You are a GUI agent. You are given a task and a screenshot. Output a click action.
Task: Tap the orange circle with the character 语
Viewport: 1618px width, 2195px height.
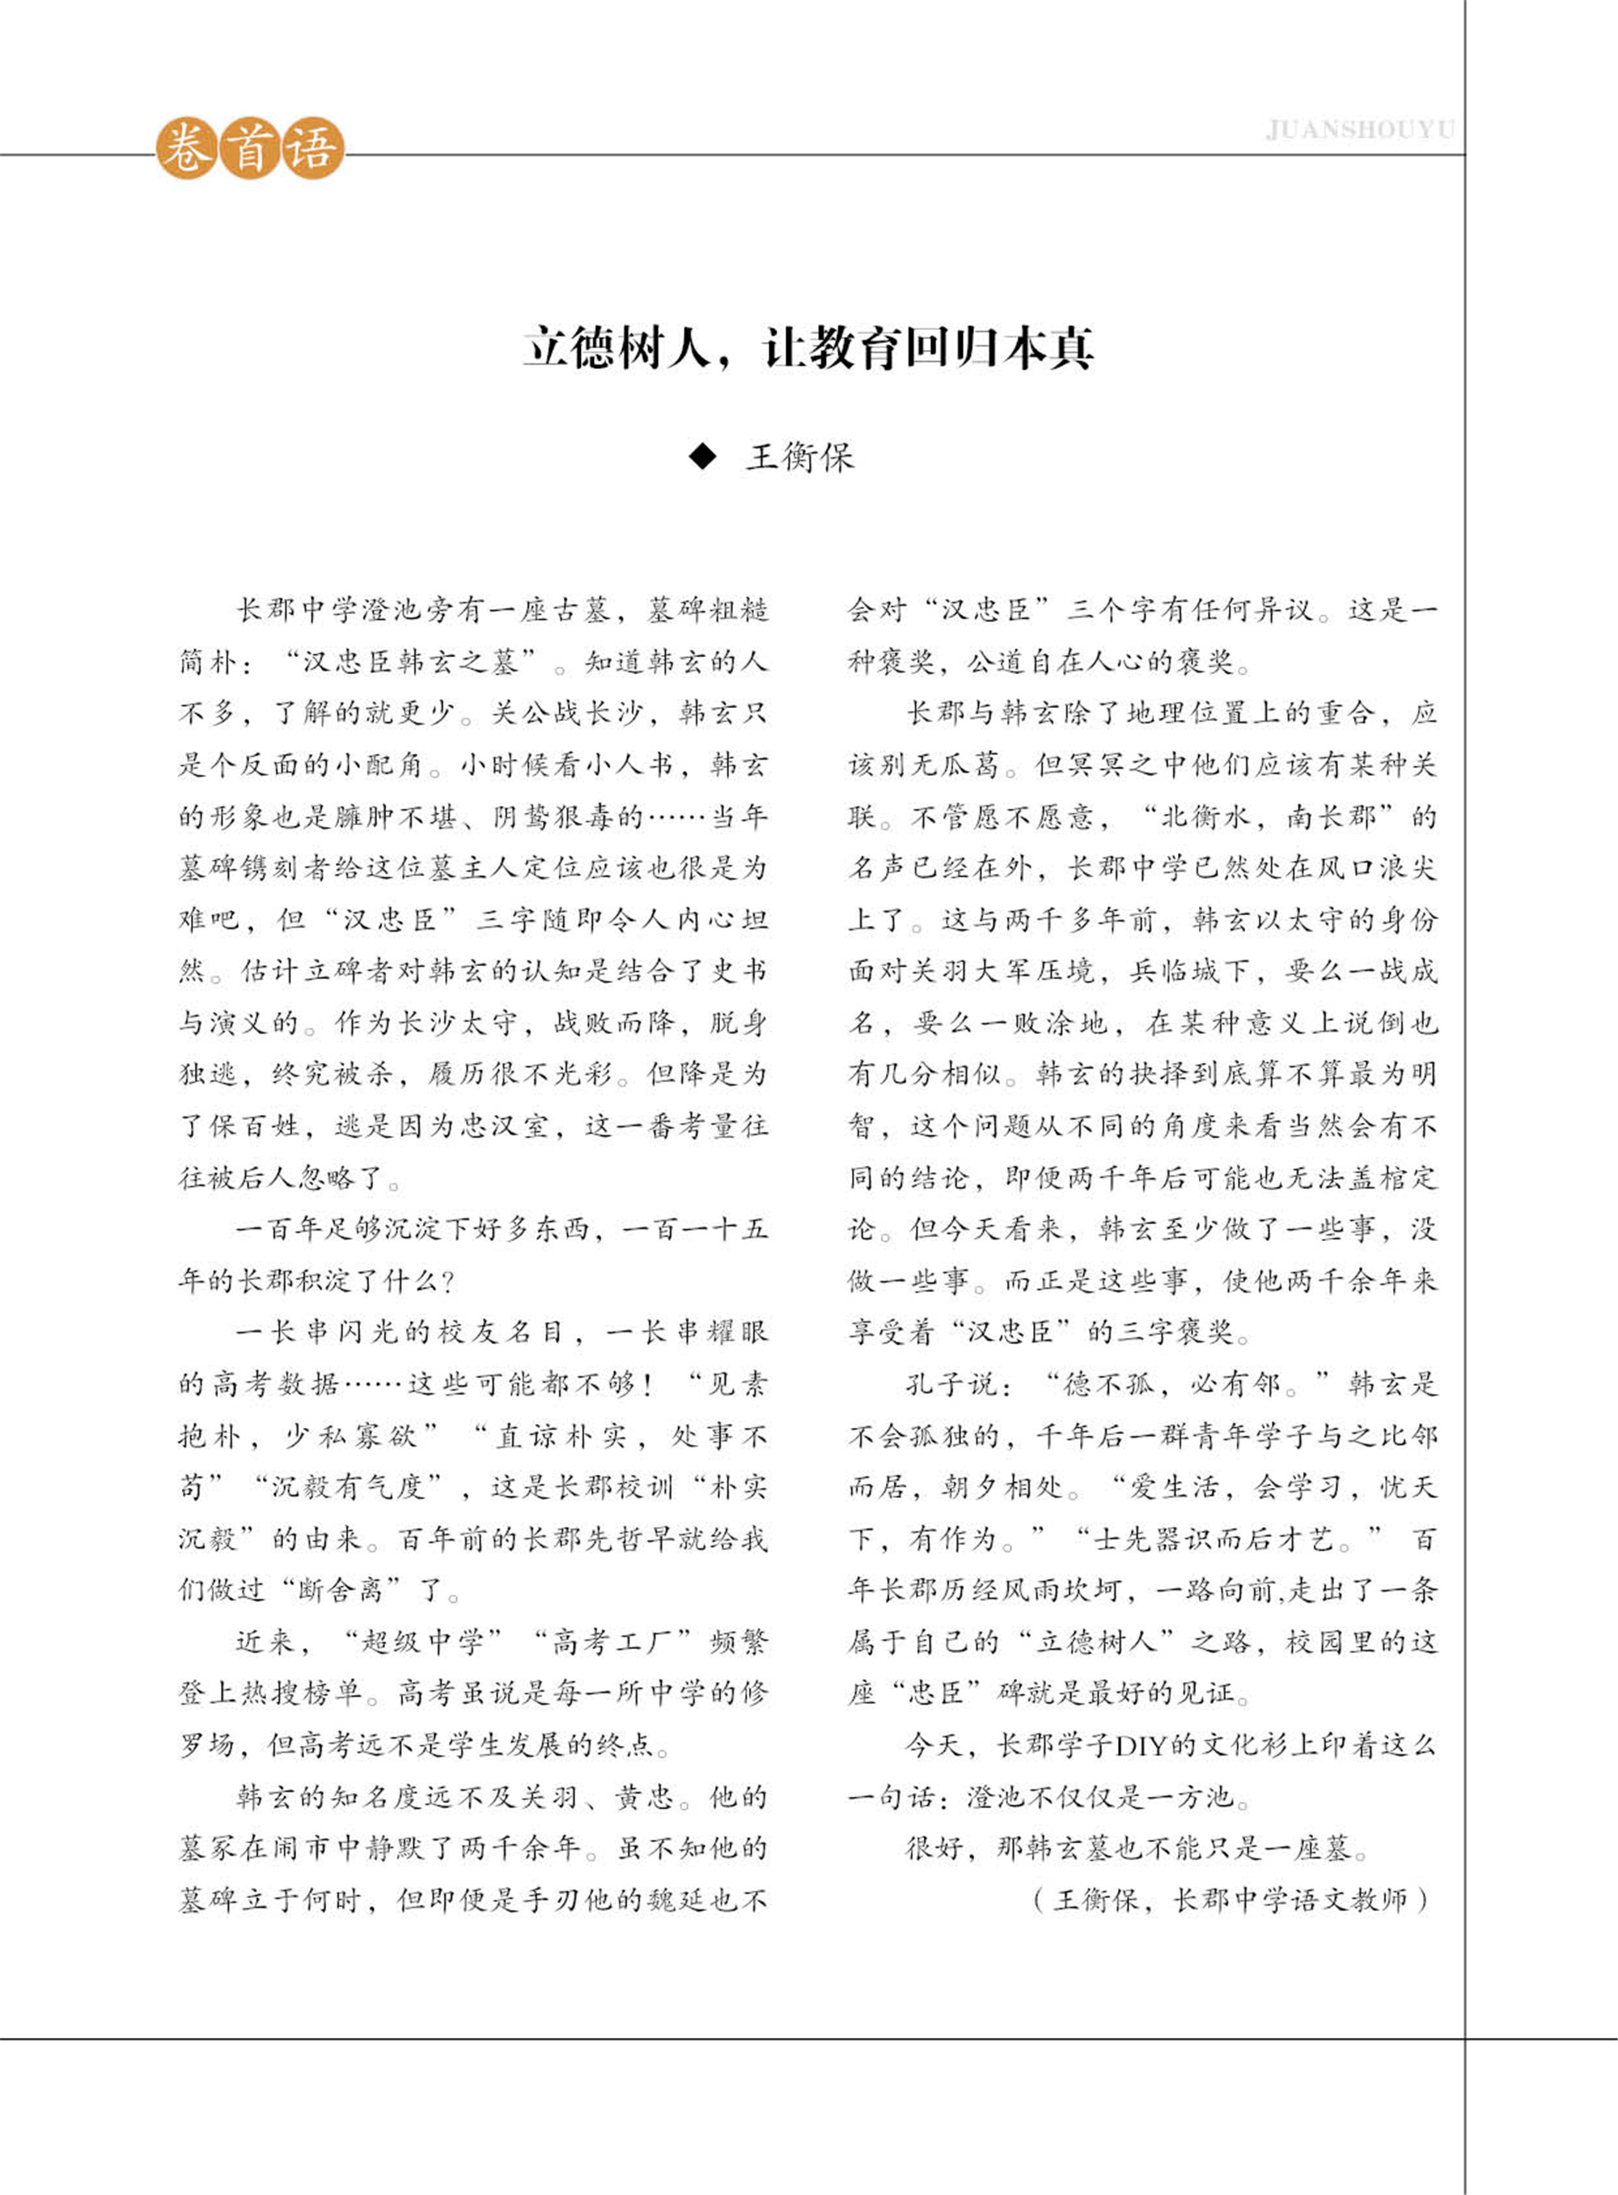coord(312,150)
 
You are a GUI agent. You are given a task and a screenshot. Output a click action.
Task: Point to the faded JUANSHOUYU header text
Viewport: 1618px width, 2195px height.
coord(1359,130)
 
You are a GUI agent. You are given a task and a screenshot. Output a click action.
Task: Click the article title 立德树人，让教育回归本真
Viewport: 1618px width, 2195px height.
coord(808,348)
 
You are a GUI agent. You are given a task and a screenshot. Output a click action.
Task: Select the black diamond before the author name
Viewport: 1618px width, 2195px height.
coord(703,456)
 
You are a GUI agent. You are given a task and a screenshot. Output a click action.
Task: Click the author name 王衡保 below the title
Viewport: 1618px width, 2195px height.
coord(800,457)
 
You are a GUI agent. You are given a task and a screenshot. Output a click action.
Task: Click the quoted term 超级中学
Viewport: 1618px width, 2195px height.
coord(423,1642)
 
